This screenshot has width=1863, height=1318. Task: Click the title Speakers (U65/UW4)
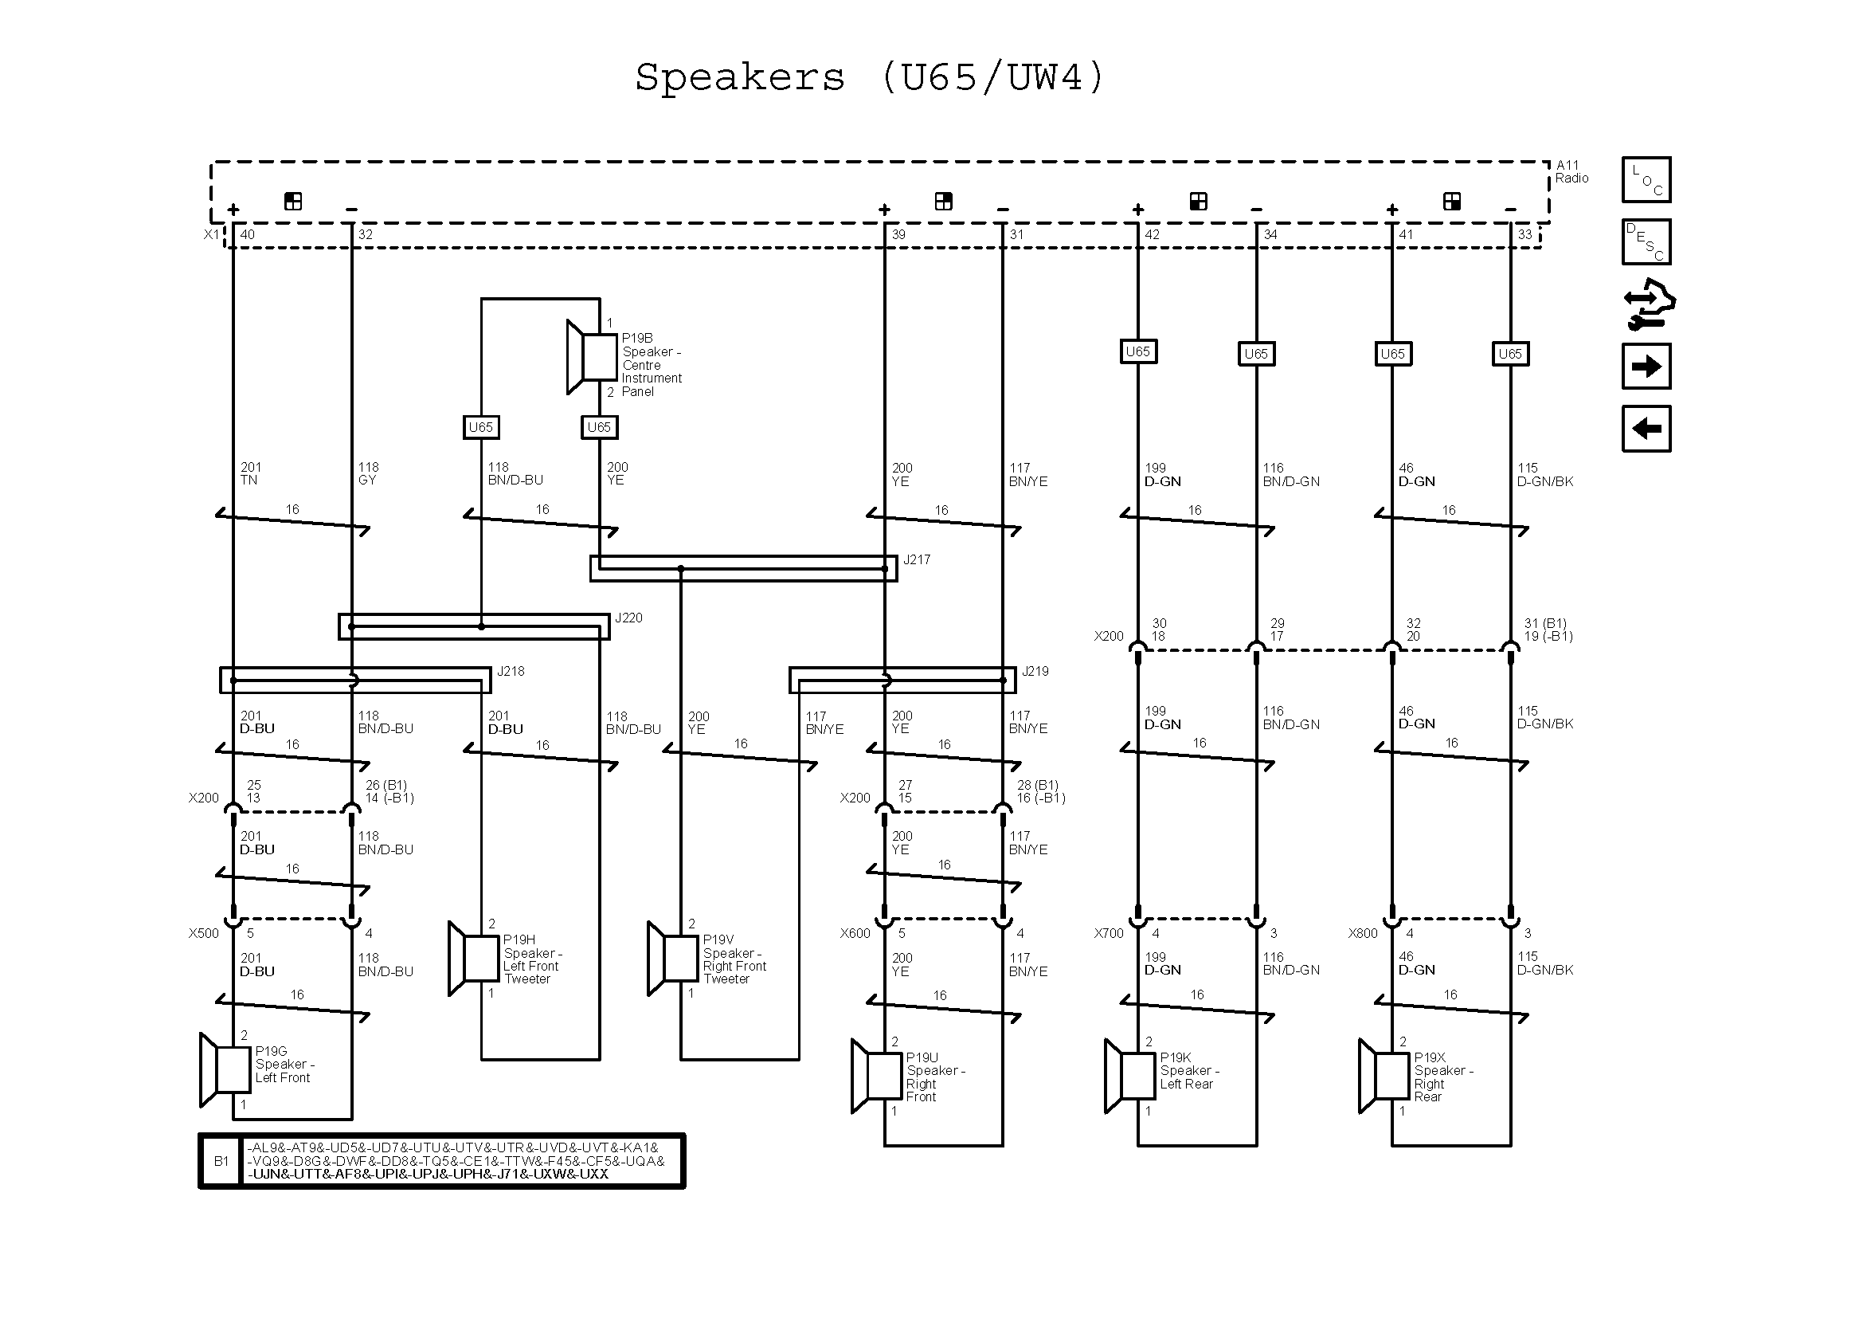click(x=869, y=79)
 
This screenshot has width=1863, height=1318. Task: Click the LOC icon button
click(x=1646, y=179)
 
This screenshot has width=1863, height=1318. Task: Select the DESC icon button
click(x=1646, y=242)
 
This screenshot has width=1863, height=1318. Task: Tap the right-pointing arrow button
click(x=1646, y=367)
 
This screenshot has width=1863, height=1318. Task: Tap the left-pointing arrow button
click(x=1646, y=429)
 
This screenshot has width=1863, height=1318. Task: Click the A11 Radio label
click(x=1571, y=172)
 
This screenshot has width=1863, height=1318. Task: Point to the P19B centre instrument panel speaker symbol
click(x=593, y=358)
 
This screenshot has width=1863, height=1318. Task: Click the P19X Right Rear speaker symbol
click(x=1384, y=1076)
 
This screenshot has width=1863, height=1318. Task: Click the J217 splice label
click(x=916, y=560)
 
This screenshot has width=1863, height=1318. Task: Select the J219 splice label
click(x=1035, y=672)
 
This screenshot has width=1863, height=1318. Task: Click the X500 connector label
click(x=204, y=933)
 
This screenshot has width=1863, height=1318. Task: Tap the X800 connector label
click(x=1362, y=933)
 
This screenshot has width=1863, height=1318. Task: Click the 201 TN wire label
click(x=250, y=474)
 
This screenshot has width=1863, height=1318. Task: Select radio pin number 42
click(x=1152, y=235)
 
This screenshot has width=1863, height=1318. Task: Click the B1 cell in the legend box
click(x=221, y=1161)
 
